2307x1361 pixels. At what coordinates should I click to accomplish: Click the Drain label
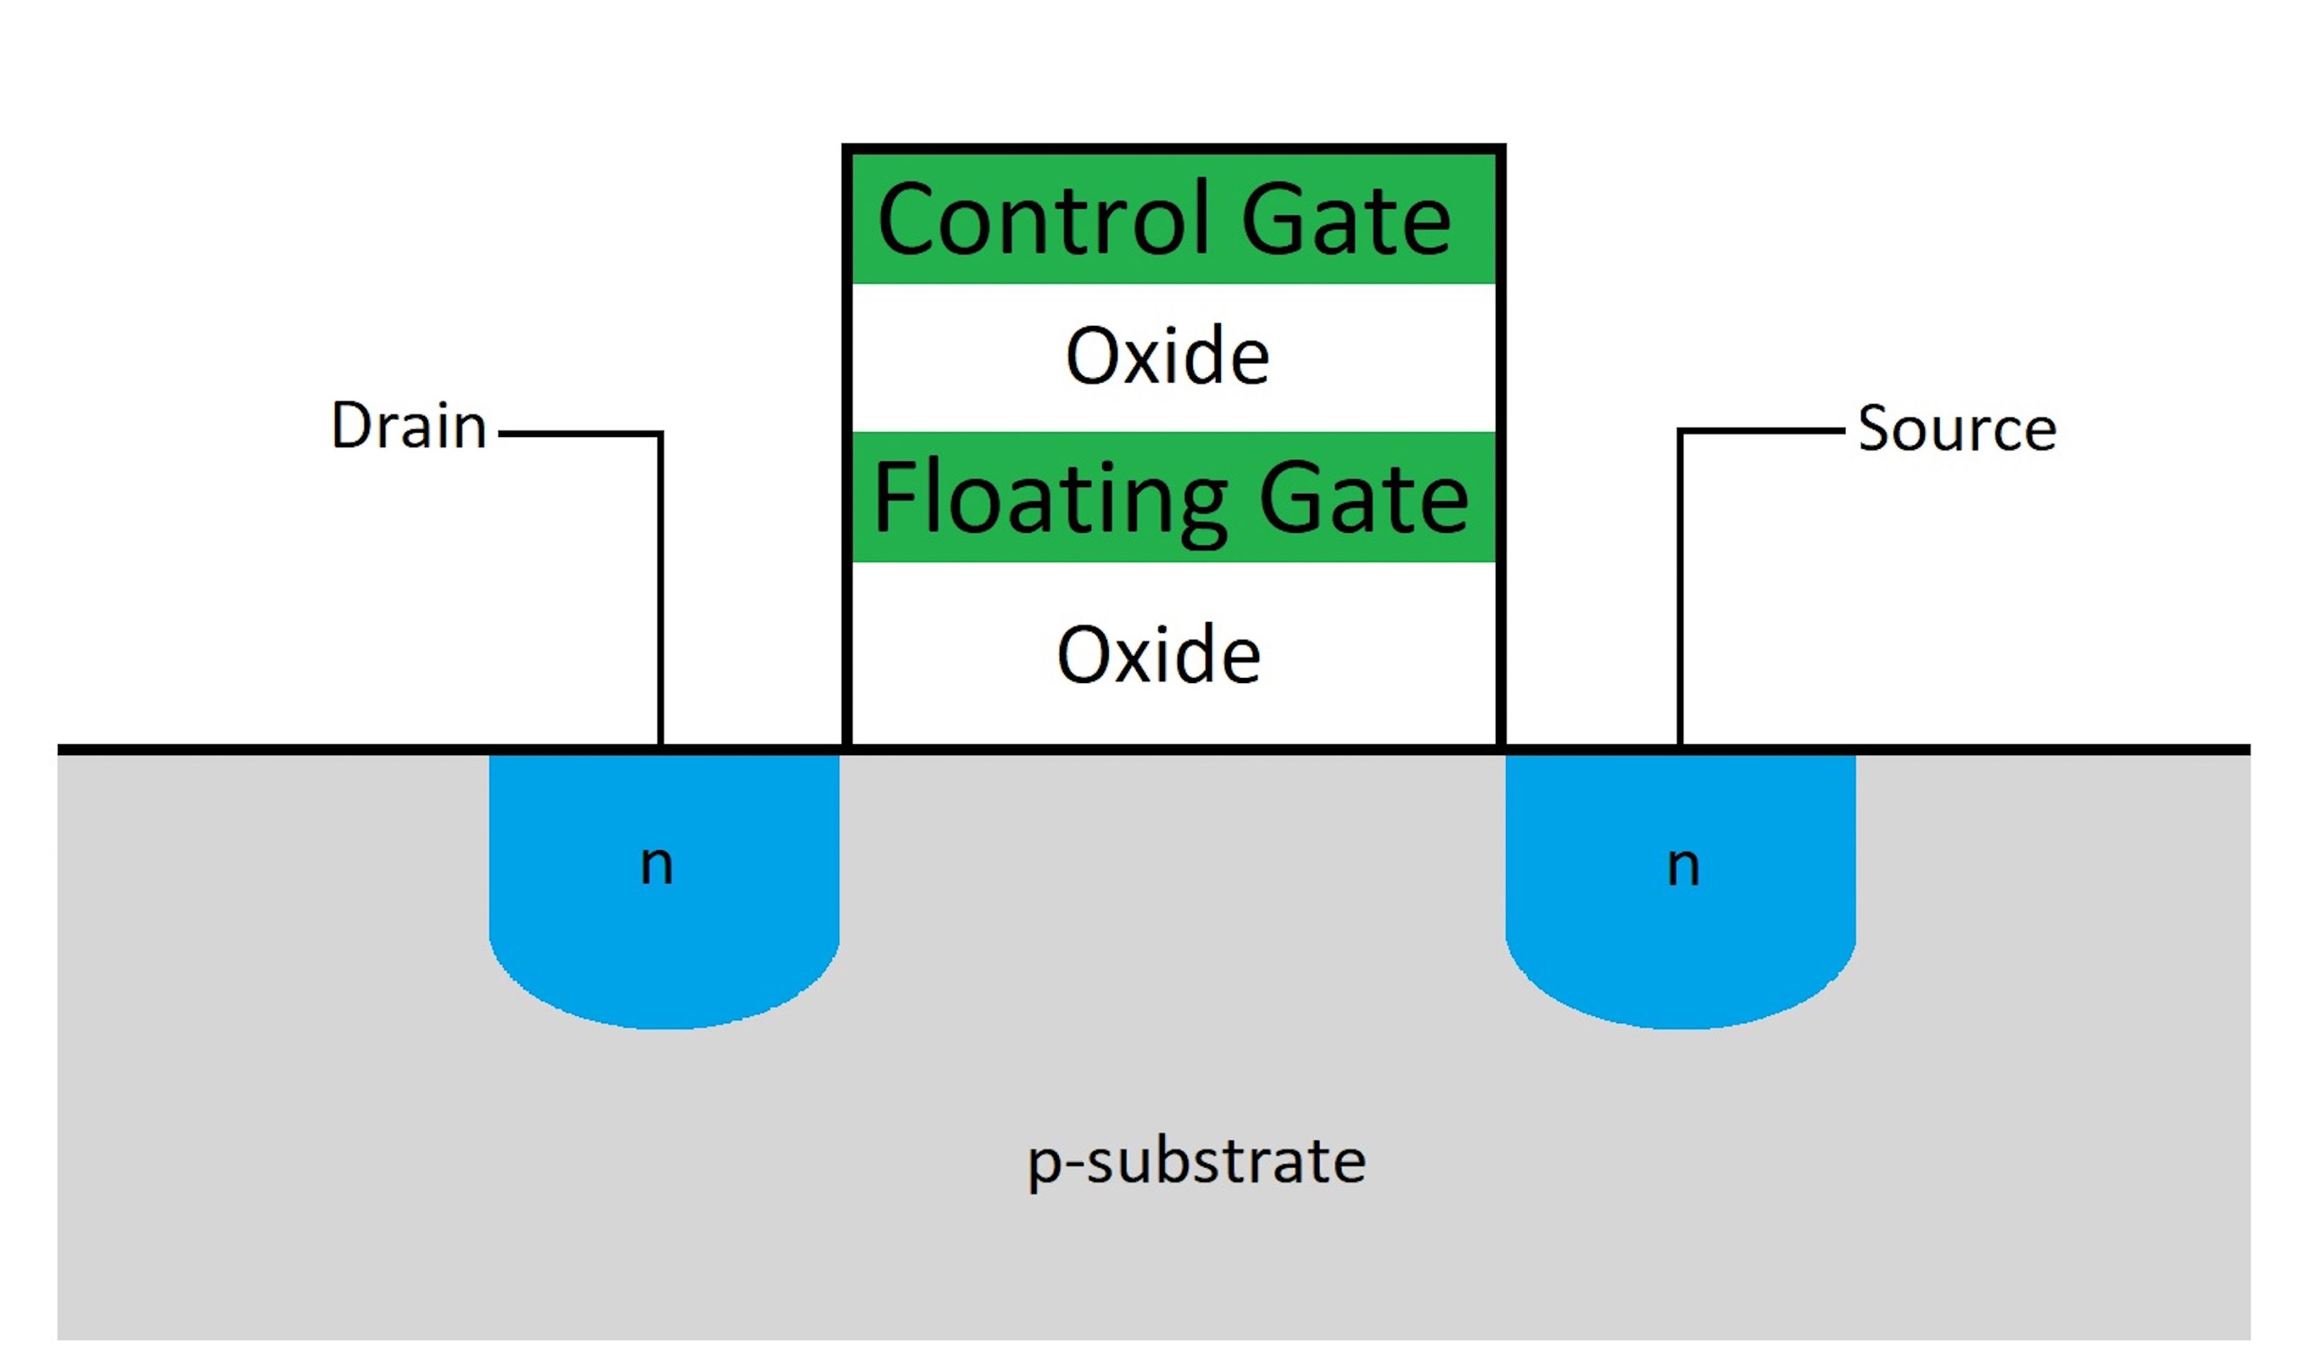(x=408, y=426)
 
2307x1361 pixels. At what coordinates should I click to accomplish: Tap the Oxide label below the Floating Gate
(x=1158, y=655)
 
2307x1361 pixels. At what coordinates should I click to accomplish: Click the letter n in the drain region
(x=657, y=865)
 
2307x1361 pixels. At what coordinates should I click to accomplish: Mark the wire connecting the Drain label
(x=660, y=596)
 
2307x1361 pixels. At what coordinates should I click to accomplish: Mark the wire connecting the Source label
(x=1680, y=596)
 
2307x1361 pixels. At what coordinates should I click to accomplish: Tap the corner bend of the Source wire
(x=1680, y=430)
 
